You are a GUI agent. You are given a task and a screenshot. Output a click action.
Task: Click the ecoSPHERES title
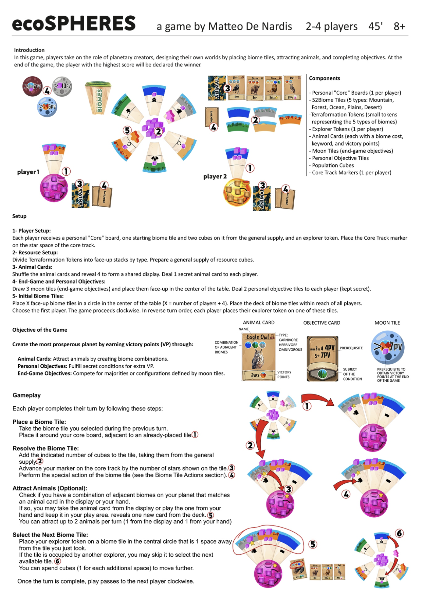point(74,23)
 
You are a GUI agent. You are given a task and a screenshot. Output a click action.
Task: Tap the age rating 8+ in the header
point(399,26)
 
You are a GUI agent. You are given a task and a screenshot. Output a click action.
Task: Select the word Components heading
point(324,78)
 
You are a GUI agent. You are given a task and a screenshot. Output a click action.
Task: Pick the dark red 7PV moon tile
point(32,86)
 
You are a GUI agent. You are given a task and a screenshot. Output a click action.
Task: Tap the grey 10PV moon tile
point(62,86)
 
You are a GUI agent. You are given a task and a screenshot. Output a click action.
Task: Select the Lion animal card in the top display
point(273,88)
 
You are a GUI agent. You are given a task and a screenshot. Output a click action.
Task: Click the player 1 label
point(28,172)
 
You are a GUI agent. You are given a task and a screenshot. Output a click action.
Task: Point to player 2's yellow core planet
point(237,192)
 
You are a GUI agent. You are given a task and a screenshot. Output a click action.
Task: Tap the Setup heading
point(19,216)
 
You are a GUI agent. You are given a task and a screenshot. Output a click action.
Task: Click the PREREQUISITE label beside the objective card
point(351,348)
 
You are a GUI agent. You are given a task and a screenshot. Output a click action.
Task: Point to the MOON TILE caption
point(387,323)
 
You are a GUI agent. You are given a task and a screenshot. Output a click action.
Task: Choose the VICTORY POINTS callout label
point(283,374)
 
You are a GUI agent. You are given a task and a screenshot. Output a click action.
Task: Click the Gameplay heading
point(26,395)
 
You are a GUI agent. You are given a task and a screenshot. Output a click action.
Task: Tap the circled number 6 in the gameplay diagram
point(399,533)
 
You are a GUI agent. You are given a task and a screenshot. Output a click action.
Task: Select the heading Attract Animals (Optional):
point(50,488)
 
